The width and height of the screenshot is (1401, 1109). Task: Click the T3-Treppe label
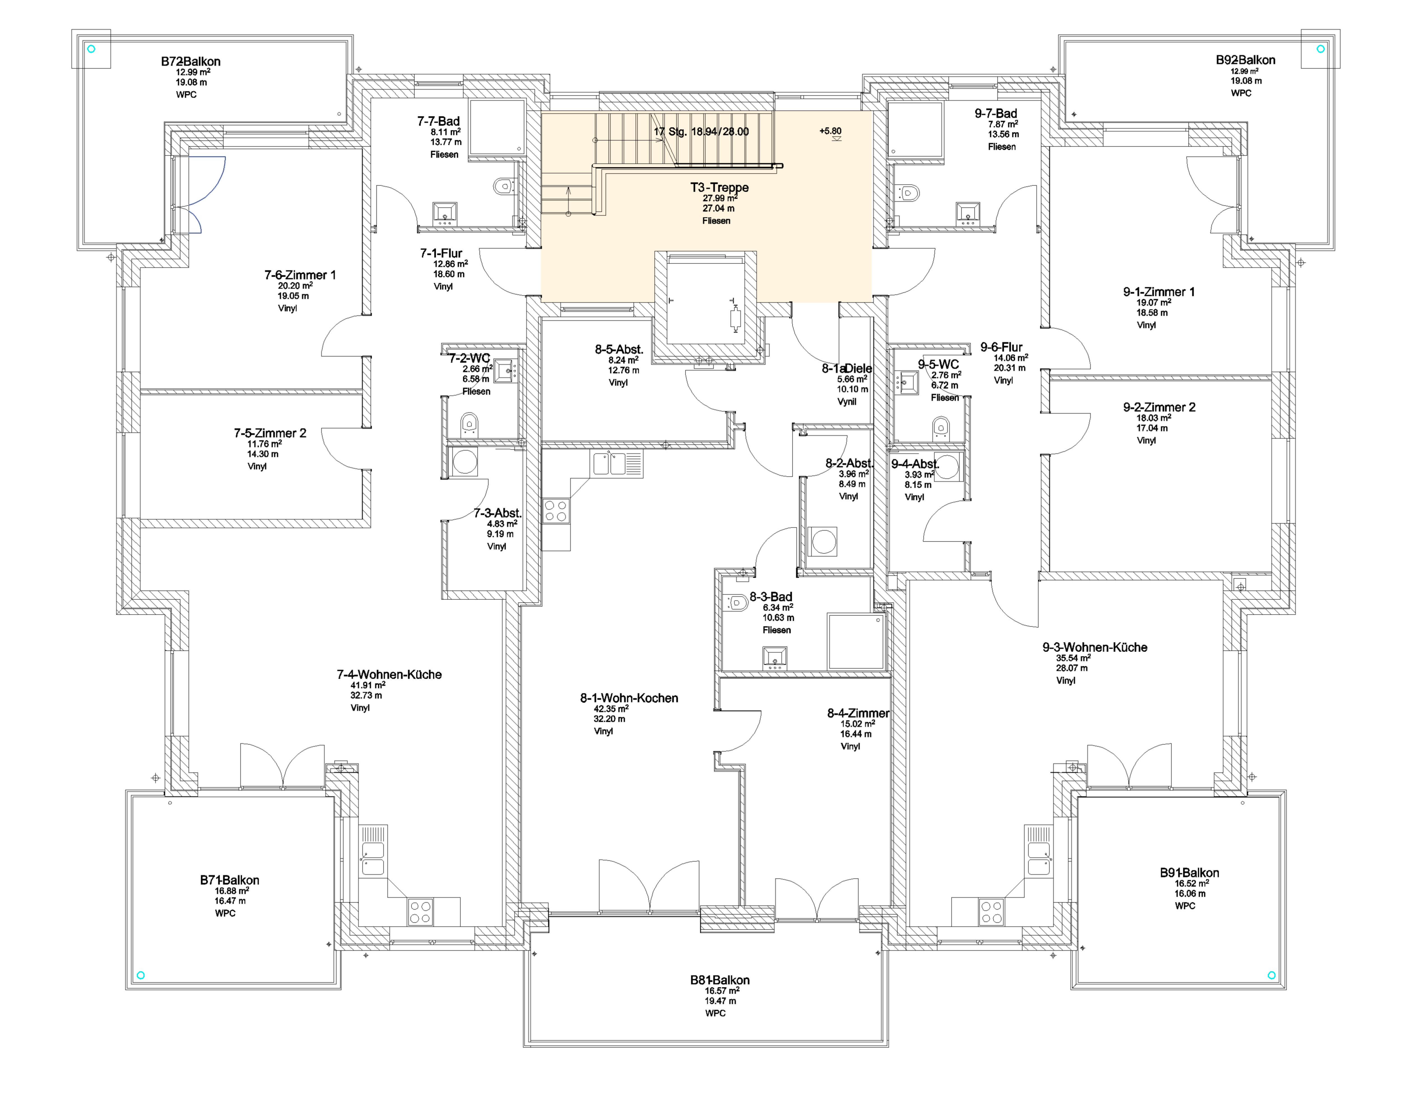[x=719, y=187]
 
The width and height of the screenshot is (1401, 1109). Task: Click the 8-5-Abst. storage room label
[x=618, y=349]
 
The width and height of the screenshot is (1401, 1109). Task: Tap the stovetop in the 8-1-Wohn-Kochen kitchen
[x=555, y=510]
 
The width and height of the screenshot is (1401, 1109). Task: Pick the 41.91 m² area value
[x=368, y=685]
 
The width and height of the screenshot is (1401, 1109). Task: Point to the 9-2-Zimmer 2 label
[x=1159, y=407]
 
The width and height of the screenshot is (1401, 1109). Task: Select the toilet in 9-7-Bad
[x=909, y=193]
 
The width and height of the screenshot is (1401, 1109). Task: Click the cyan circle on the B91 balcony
[x=1271, y=975]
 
